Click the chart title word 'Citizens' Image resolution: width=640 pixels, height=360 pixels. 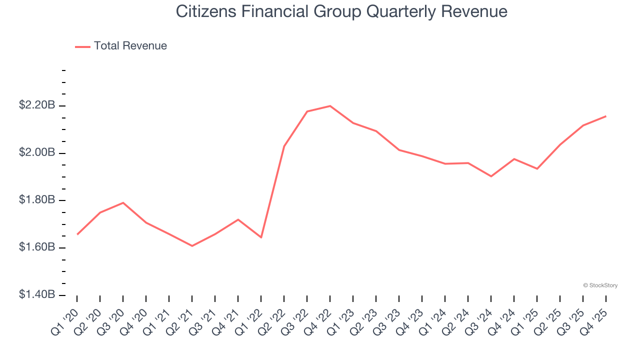[207, 11]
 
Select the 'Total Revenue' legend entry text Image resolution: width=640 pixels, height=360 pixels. [130, 46]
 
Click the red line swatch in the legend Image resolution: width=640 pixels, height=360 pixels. [82, 46]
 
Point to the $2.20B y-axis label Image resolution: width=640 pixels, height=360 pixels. [37, 105]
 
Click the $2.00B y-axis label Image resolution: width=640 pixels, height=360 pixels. [37, 152]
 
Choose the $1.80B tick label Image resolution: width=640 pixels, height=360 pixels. [37, 200]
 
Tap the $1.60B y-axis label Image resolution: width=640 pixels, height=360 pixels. [37, 247]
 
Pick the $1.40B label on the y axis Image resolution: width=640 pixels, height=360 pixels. [37, 295]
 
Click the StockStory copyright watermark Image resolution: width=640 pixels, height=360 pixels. [600, 285]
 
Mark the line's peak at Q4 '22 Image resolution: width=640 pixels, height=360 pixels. [330, 106]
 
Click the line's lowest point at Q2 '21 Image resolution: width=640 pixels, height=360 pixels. [192, 246]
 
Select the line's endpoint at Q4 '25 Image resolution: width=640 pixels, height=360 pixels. [606, 116]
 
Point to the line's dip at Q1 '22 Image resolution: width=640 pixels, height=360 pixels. [261, 237]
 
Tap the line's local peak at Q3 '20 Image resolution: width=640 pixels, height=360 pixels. [123, 202]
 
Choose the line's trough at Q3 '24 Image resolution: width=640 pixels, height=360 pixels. [491, 176]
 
